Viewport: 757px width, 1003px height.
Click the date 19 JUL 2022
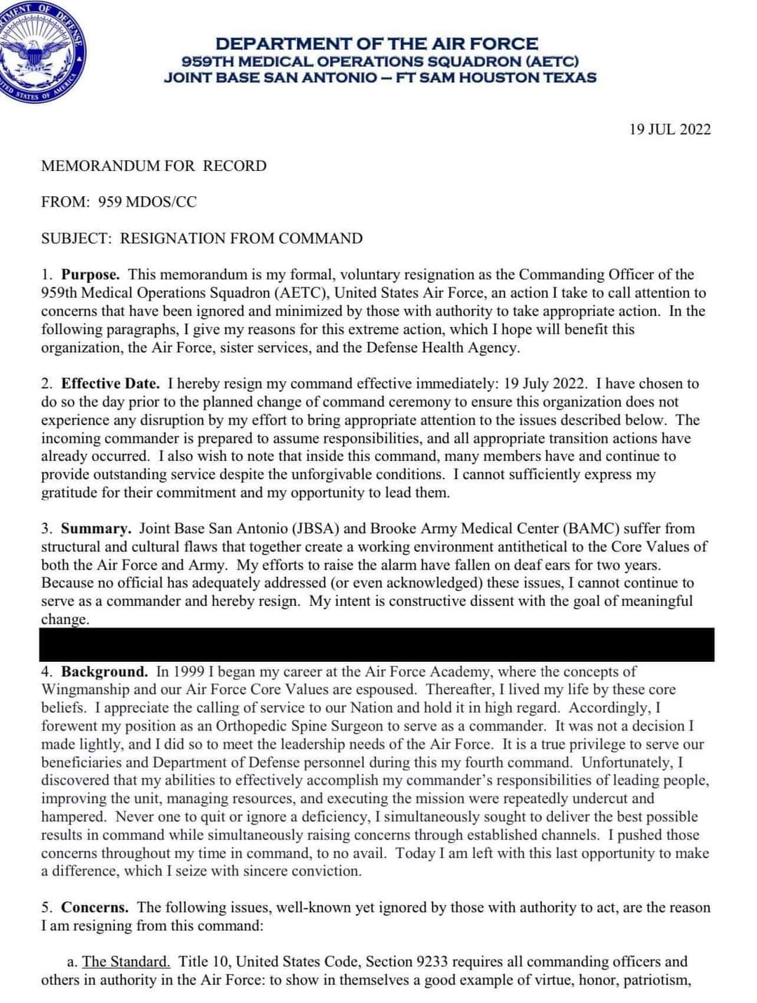pos(669,130)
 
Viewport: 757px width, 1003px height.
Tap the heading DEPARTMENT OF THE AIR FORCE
pos(376,43)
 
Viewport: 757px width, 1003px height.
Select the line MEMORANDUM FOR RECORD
pos(154,166)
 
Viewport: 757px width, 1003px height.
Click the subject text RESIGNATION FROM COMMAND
pos(241,239)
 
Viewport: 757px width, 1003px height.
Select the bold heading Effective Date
pos(110,384)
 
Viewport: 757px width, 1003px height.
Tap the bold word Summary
pos(95,529)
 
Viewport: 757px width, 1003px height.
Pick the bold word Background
pos(104,672)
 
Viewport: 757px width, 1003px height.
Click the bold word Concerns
pos(95,908)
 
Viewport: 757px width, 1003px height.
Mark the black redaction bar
pos(377,644)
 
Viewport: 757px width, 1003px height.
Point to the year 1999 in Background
pos(188,672)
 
